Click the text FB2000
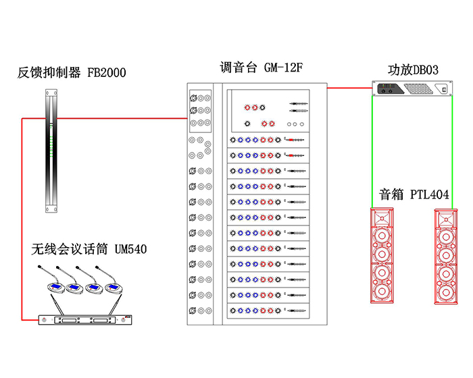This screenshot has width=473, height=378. tap(107, 73)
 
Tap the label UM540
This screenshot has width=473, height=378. tap(127, 250)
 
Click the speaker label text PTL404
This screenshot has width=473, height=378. tap(430, 195)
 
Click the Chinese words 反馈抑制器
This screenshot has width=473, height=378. tap(49, 73)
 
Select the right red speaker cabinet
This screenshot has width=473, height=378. tap(446, 257)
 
